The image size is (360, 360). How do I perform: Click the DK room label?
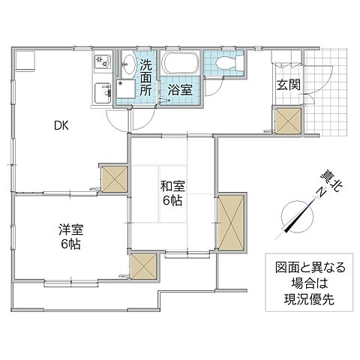[x=61, y=127]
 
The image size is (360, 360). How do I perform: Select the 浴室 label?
[x=179, y=89]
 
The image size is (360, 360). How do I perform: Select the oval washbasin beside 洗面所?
[x=127, y=65]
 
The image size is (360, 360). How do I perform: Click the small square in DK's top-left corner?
[x=25, y=59]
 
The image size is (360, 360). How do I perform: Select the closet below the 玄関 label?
[x=288, y=120]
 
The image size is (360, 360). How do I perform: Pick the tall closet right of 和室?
[x=231, y=222]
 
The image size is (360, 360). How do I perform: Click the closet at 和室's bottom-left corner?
[x=143, y=266]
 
